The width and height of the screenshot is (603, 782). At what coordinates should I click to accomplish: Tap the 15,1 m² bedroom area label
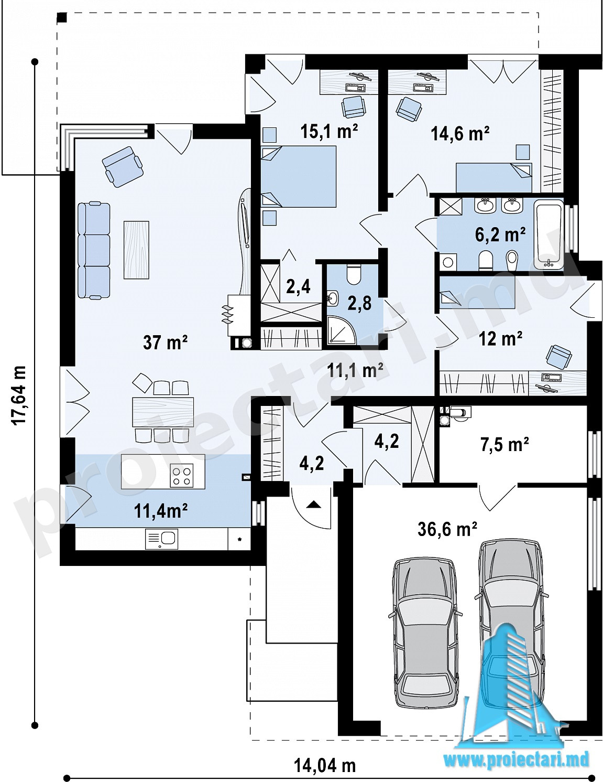pyautogui.click(x=329, y=131)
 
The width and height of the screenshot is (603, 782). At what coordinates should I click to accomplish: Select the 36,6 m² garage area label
pyautogui.click(x=447, y=529)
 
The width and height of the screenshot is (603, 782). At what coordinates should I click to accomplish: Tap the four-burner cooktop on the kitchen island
pyautogui.click(x=181, y=475)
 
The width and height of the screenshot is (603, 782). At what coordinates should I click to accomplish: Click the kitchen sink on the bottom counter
pyautogui.click(x=161, y=539)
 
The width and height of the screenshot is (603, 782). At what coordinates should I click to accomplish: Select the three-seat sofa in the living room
pyautogui.click(x=94, y=251)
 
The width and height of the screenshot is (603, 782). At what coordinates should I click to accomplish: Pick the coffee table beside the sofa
pyautogui.click(x=136, y=250)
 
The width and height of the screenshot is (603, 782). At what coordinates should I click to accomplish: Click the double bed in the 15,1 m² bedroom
pyautogui.click(x=299, y=176)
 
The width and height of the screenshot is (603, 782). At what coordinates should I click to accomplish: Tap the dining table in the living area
pyautogui.click(x=163, y=411)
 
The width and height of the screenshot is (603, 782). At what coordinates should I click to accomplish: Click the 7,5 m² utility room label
pyautogui.click(x=503, y=445)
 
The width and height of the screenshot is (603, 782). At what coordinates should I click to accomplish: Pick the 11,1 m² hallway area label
pyautogui.click(x=355, y=370)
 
